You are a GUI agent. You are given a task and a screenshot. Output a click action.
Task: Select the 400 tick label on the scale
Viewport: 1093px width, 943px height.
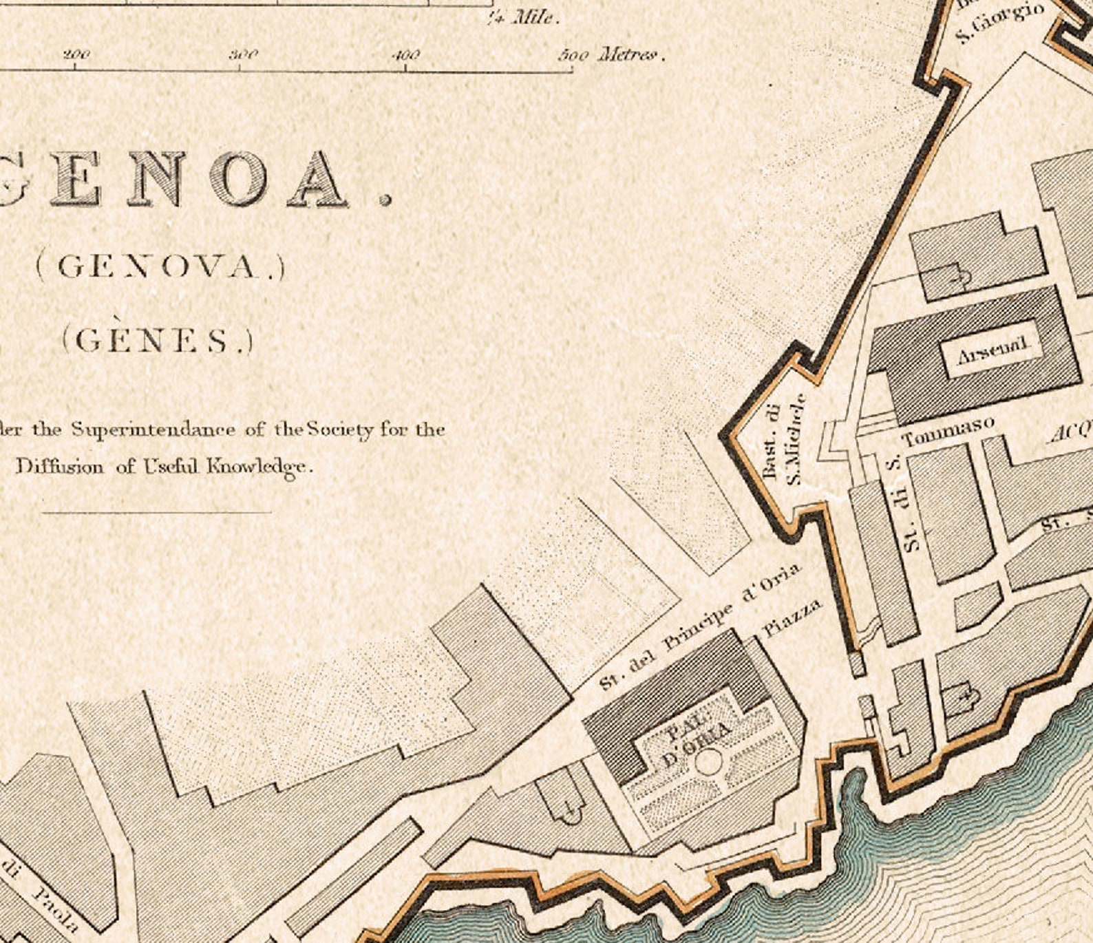[405, 55]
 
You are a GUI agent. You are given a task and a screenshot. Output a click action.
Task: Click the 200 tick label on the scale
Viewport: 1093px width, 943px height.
[76, 55]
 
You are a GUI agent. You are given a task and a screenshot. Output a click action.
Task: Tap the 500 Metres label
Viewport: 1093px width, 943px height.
[610, 54]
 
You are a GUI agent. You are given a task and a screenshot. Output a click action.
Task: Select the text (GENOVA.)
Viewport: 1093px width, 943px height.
[160, 267]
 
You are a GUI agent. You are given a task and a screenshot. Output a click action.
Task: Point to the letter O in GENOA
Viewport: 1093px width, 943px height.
[239, 178]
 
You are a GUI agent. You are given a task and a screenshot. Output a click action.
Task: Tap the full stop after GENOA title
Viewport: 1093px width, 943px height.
[385, 200]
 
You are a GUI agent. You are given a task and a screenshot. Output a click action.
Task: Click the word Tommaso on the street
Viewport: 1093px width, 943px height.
[948, 431]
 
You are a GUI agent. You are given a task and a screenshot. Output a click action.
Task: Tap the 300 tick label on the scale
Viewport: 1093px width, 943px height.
[243, 55]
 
